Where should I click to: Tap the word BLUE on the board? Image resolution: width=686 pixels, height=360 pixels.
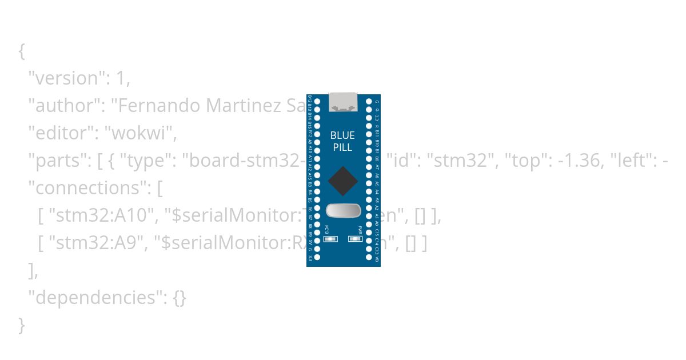tap(342, 135)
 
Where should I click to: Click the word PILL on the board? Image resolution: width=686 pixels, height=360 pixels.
tap(342, 147)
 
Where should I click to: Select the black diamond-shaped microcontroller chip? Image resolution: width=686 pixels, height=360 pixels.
tap(343, 181)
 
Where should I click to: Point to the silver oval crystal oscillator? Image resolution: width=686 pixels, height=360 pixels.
tap(343, 211)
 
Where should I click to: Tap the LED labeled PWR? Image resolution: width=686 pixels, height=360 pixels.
tap(355, 239)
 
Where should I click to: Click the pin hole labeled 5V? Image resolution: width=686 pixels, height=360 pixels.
tap(317, 242)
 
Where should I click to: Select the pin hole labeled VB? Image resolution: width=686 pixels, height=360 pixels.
tap(369, 258)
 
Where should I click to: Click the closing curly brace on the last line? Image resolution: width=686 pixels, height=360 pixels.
tap(22, 325)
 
